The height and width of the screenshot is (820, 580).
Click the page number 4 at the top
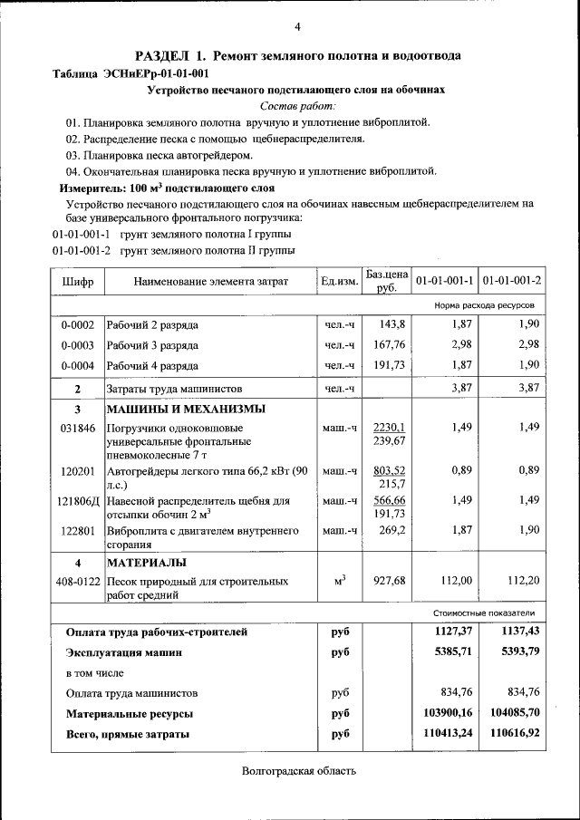297,25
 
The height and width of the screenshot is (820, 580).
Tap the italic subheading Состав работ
296,106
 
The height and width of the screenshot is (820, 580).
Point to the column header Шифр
77,282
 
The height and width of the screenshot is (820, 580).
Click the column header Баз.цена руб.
387,281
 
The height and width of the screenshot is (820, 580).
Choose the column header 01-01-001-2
511,282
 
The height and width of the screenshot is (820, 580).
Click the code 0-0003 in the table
77,344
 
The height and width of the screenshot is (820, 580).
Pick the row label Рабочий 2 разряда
152,324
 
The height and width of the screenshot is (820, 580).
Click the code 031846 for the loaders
77,428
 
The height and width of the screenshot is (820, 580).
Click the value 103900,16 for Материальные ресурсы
449,713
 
